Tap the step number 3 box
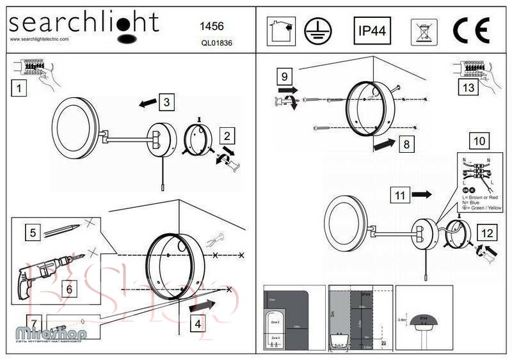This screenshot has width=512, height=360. click(x=165, y=101)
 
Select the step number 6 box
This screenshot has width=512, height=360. click(x=70, y=288)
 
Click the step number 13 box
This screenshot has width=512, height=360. click(x=468, y=88)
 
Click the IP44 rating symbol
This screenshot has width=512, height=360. click(x=372, y=30)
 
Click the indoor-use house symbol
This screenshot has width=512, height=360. click(x=280, y=30)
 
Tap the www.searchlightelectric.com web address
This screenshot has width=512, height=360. click(x=40, y=39)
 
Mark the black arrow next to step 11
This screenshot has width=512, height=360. click(x=423, y=193)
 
